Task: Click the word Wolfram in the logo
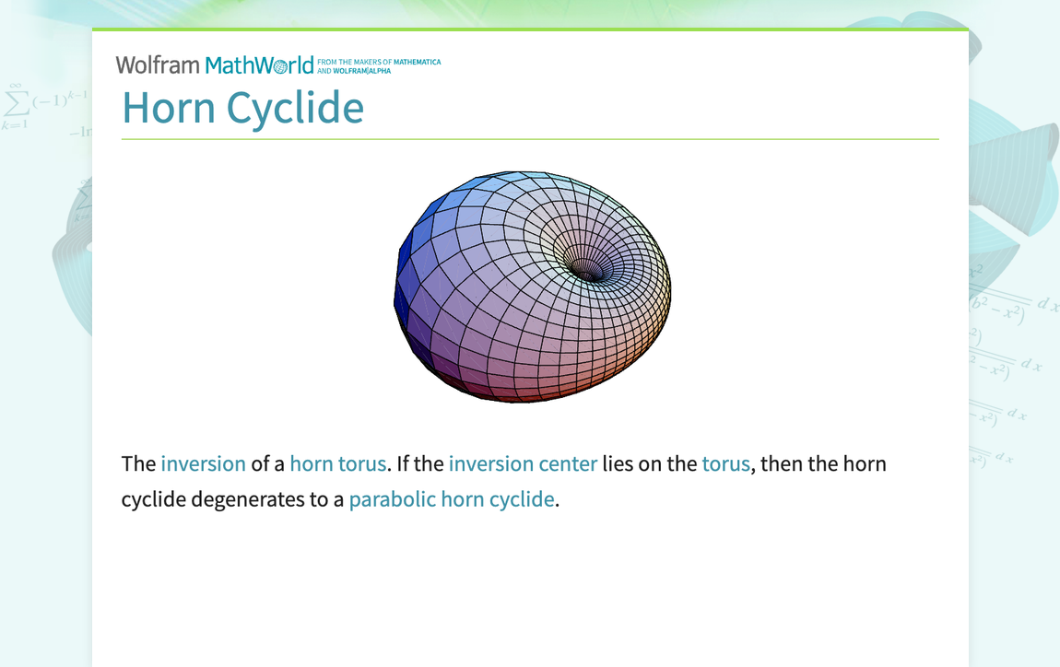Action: [158, 64]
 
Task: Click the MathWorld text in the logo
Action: [259, 64]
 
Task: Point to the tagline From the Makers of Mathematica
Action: [379, 62]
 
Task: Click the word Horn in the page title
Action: [170, 108]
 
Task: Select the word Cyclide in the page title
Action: [295, 108]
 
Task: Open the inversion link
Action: [203, 463]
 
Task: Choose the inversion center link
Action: [523, 463]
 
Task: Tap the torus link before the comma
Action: [725, 463]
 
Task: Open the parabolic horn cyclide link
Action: [452, 499]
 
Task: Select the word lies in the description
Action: [618, 463]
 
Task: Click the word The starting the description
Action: [138, 463]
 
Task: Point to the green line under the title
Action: [530, 139]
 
